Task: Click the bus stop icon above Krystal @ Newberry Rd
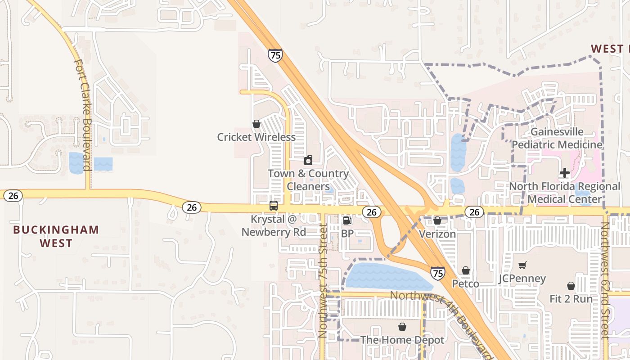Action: click(x=273, y=206)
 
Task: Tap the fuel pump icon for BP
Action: click(x=347, y=220)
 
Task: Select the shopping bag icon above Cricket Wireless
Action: click(x=256, y=124)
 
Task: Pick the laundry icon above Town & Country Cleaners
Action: click(x=308, y=160)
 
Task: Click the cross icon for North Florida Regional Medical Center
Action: click(x=564, y=173)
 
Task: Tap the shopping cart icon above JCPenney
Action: click(x=522, y=265)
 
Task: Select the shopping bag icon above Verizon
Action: click(x=437, y=220)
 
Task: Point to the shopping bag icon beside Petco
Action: click(x=466, y=270)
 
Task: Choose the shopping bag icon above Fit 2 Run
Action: click(x=571, y=286)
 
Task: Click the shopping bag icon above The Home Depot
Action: click(x=402, y=327)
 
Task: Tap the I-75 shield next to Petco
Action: click(x=437, y=273)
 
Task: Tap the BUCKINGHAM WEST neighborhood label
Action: click(x=56, y=236)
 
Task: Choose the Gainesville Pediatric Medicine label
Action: click(x=557, y=138)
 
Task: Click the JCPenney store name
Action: click(x=522, y=279)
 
